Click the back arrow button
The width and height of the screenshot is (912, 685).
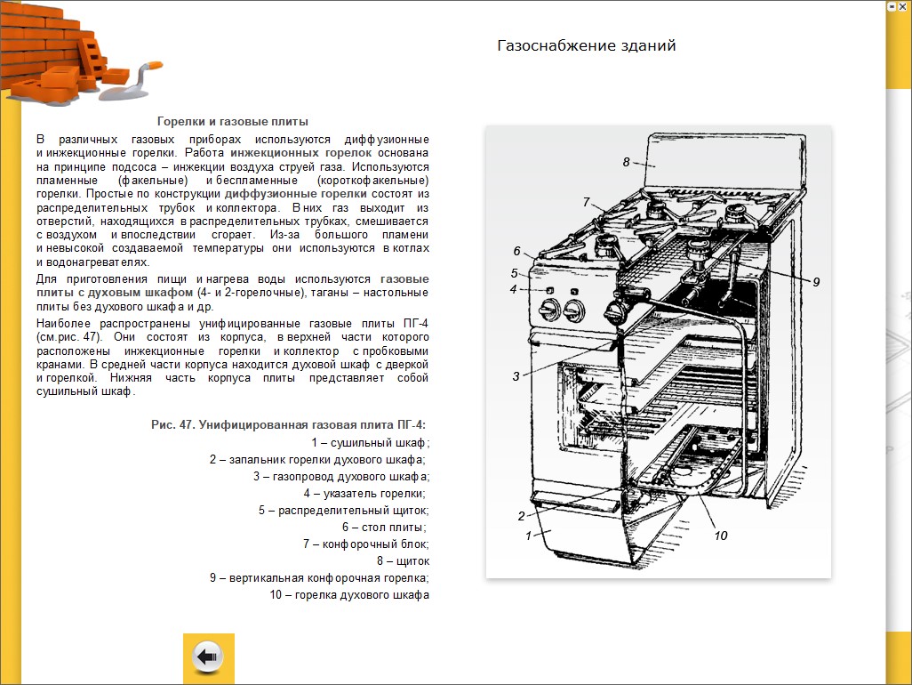[208, 658]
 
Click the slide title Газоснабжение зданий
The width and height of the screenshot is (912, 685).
[586, 45]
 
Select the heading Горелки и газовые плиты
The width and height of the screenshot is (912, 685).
[233, 121]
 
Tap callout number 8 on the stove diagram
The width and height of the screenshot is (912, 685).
[626, 163]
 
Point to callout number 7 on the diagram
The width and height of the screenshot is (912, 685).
[587, 201]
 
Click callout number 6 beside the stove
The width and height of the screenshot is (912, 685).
[516, 251]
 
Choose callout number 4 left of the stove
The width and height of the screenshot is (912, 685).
[513, 289]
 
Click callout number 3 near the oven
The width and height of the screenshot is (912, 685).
[516, 376]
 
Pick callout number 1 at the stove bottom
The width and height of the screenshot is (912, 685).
[528, 536]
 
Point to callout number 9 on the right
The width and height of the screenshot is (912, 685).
[816, 281]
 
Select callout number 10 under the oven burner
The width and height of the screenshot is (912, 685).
[720, 536]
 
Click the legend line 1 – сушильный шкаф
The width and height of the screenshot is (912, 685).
[370, 442]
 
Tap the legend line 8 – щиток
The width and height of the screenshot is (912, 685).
[403, 561]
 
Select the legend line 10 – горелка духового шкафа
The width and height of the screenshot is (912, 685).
[349, 595]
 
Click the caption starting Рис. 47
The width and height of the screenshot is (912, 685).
[288, 424]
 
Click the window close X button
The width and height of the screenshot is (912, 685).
[903, 5]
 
